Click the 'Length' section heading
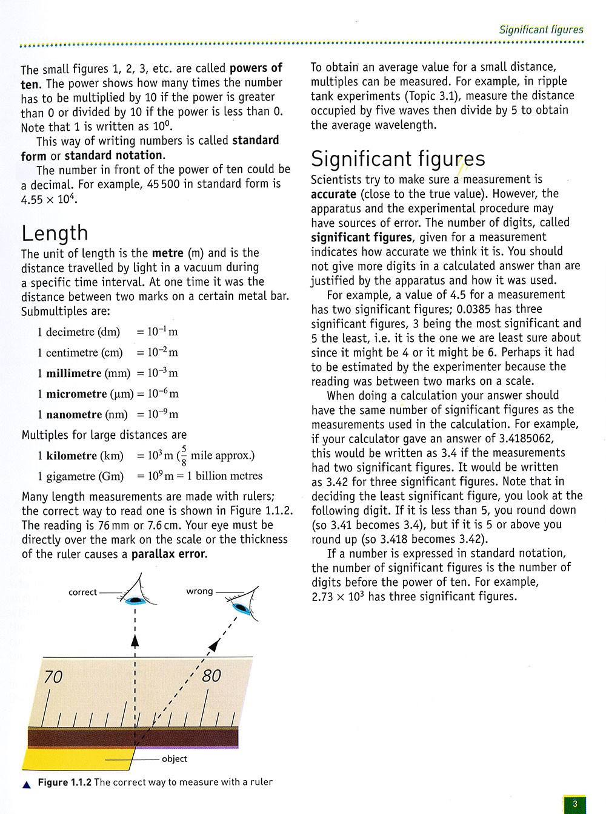(x=55, y=233)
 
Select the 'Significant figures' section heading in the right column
(x=398, y=159)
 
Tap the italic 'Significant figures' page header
(x=541, y=29)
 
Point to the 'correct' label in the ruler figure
(x=83, y=592)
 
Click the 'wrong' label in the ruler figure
(x=199, y=591)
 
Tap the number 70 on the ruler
(x=53, y=677)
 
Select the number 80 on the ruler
(x=211, y=675)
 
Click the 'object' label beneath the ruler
(x=175, y=759)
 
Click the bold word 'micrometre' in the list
(x=76, y=394)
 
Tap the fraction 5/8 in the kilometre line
(x=183, y=455)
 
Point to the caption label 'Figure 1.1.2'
(x=64, y=783)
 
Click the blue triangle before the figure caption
(x=26, y=784)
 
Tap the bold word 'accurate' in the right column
(x=333, y=194)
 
